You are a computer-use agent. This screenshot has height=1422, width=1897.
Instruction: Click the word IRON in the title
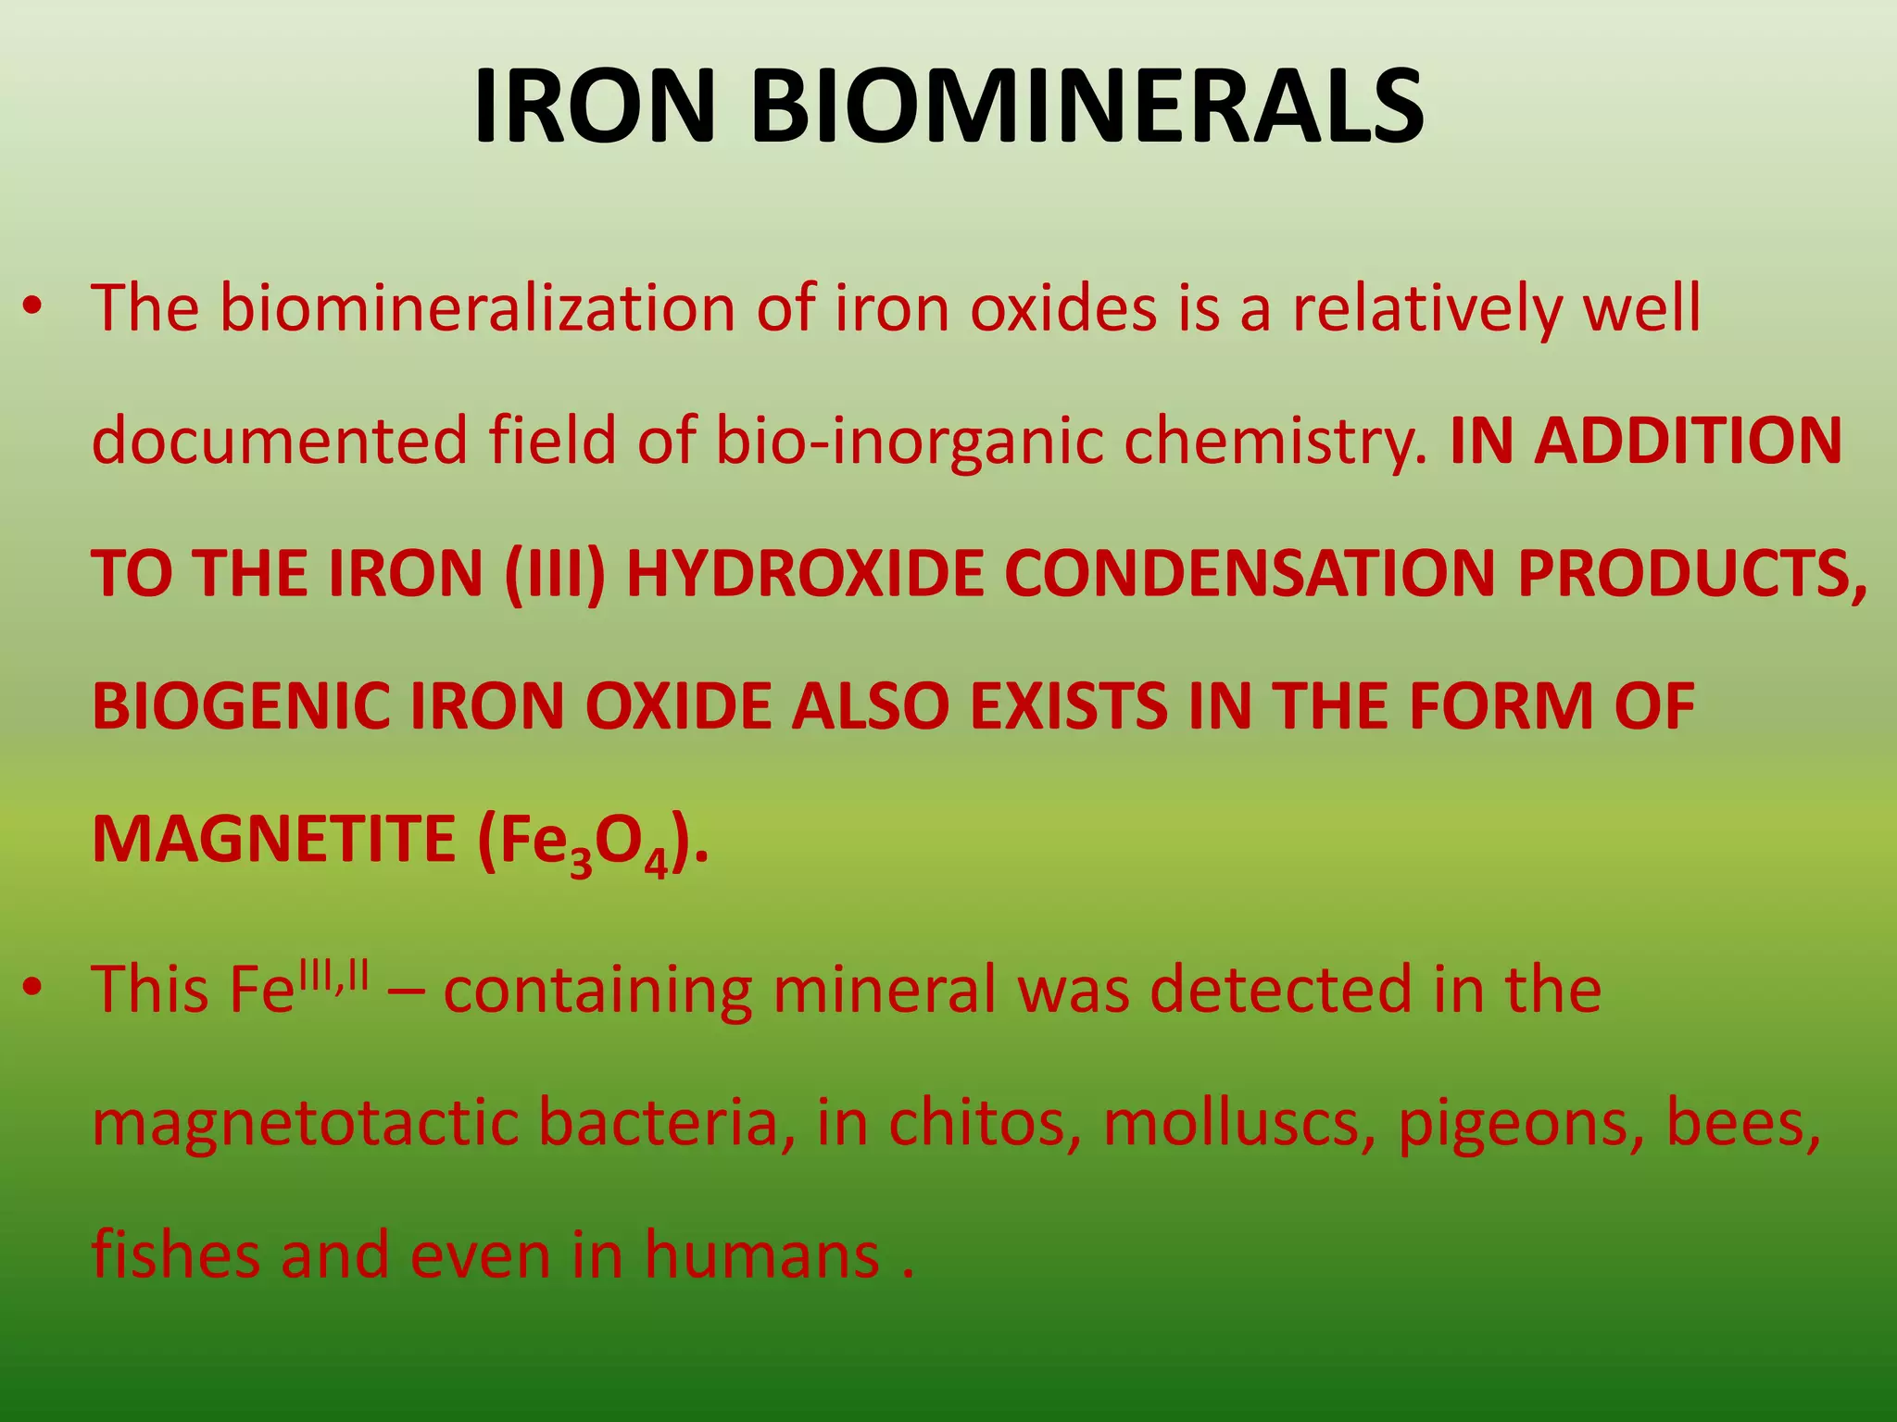coord(594,107)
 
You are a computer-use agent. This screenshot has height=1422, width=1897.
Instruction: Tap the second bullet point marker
coord(33,989)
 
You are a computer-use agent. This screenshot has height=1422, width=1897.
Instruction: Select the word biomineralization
coord(477,308)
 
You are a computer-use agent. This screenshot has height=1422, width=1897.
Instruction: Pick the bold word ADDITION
coord(1688,441)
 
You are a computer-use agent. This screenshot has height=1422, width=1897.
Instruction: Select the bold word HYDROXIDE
coord(804,574)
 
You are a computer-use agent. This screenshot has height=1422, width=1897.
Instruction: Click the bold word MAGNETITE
coord(274,839)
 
